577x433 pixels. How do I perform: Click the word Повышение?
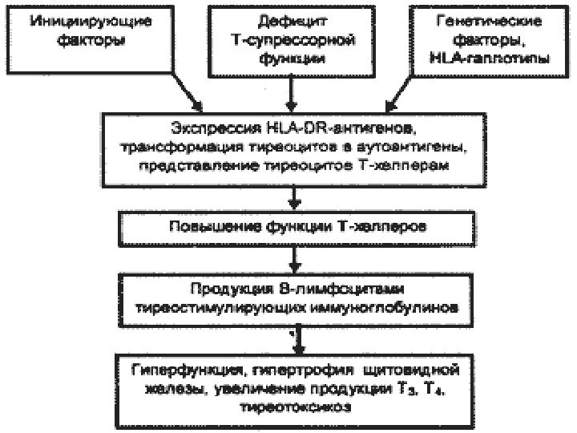coord(203,227)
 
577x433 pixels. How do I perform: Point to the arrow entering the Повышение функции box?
coord(297,199)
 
